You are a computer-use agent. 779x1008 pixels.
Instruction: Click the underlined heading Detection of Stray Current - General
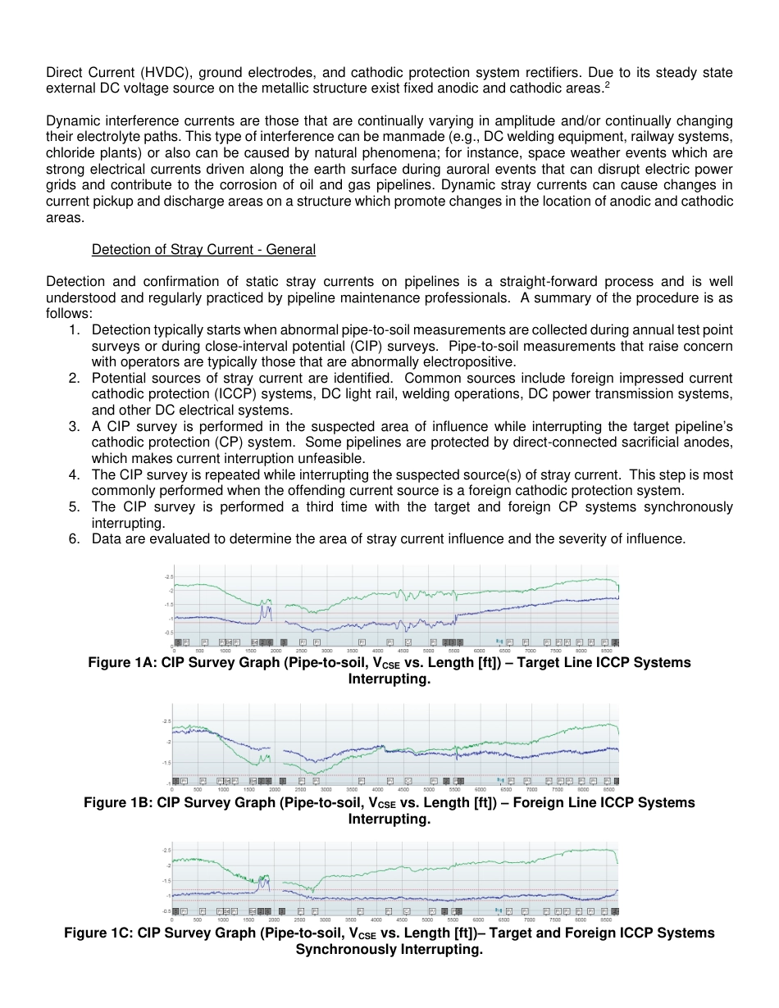click(x=203, y=249)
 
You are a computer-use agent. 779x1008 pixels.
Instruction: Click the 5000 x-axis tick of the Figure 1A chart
click(x=428, y=650)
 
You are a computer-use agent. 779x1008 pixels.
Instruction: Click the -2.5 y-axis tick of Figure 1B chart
click(x=166, y=720)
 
